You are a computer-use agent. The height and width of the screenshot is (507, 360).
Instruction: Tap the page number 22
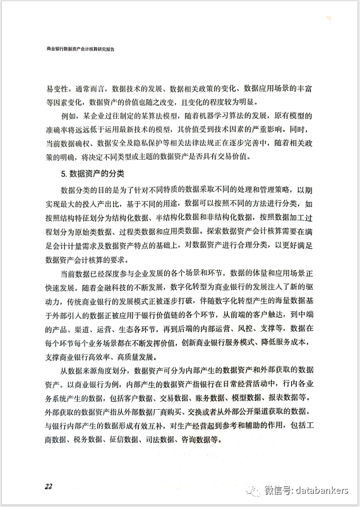click(x=48, y=486)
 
